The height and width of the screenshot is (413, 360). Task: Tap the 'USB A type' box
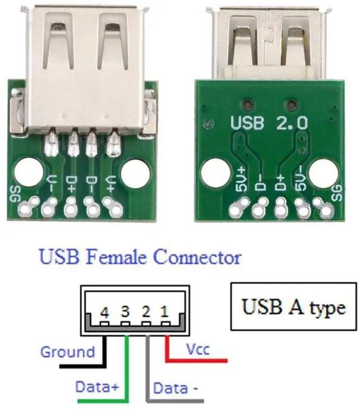293,307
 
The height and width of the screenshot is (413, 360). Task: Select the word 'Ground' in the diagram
67,352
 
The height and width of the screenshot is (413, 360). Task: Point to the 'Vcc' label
197,349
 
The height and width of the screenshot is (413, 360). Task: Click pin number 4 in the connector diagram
105,311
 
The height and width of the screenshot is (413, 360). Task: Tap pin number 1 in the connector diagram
165,311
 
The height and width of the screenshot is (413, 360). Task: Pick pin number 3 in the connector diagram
125,311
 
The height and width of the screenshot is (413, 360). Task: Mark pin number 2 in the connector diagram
145,311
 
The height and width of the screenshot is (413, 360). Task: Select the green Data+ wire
128,371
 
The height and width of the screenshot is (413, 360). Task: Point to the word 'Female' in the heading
115,258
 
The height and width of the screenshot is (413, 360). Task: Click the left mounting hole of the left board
26,171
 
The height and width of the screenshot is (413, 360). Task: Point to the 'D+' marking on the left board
71,183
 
